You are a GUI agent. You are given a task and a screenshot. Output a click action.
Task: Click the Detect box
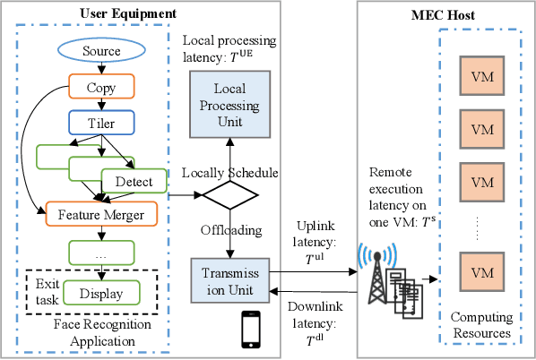click(133, 182)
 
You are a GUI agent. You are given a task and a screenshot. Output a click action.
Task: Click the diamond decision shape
click(223, 193)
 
